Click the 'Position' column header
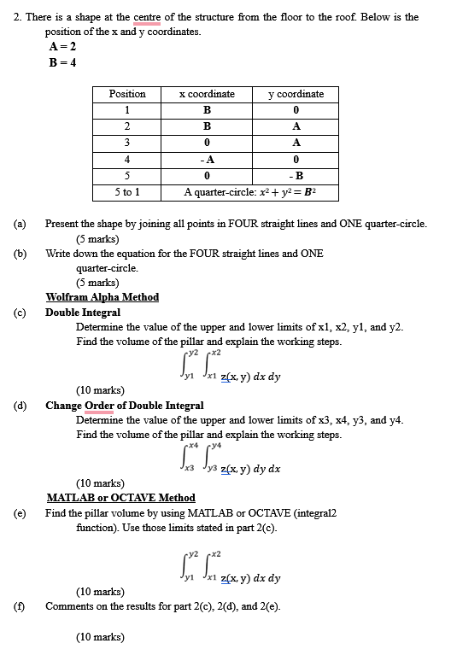click(127, 94)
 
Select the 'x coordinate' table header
click(207, 94)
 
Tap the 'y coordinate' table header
click(296, 94)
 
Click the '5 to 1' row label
click(127, 192)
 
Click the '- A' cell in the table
click(207, 159)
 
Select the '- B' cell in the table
click(296, 176)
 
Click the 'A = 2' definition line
click(62, 46)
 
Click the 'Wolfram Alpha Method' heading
click(102, 297)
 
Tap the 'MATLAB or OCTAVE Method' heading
click(120, 498)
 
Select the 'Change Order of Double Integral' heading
click(124, 406)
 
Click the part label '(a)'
click(19, 224)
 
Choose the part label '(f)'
click(19, 606)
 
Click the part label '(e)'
click(19, 513)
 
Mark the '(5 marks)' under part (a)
click(97, 239)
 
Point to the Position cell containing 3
click(127, 143)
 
